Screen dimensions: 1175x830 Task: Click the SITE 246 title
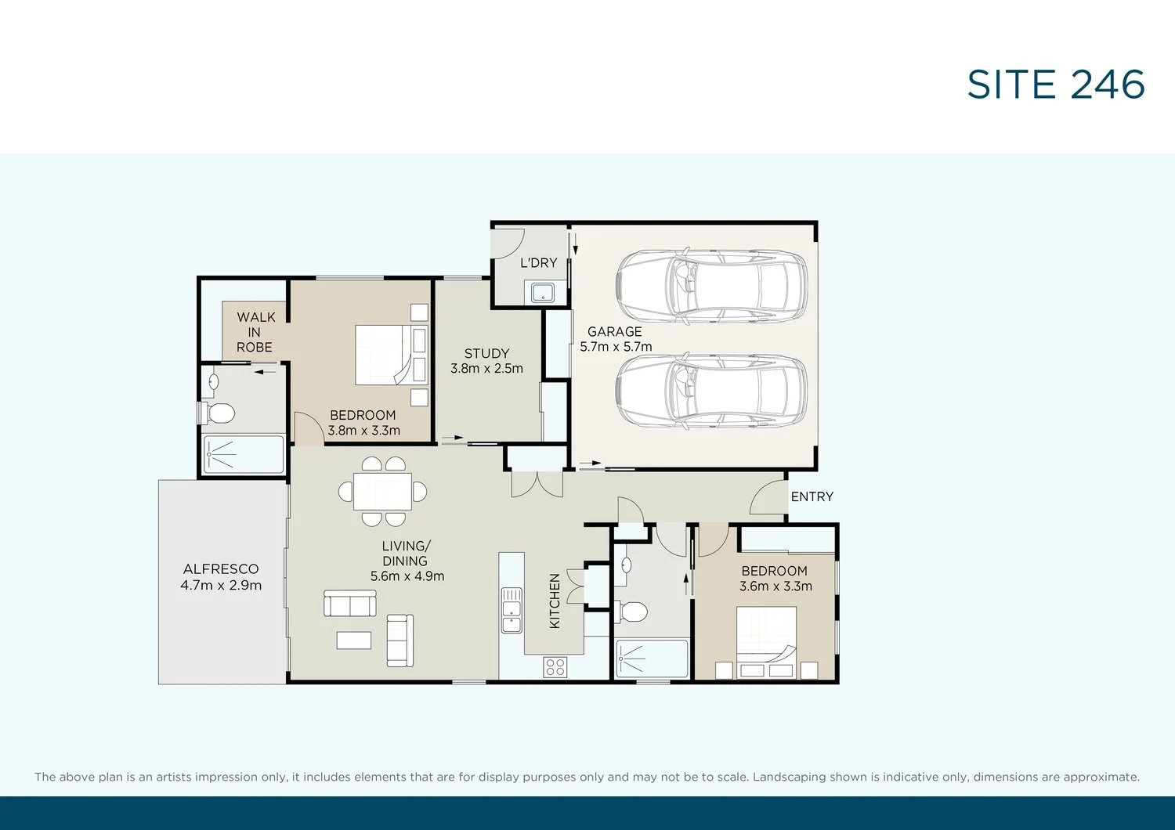click(x=1055, y=85)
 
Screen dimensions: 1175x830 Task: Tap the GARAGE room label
click(x=615, y=331)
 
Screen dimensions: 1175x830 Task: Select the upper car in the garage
click(x=712, y=285)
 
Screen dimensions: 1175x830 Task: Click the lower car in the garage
click(x=712, y=391)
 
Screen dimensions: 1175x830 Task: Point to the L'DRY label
click(x=539, y=262)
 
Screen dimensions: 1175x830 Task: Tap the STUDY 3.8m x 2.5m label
click(x=486, y=361)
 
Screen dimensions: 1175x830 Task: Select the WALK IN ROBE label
click(x=255, y=332)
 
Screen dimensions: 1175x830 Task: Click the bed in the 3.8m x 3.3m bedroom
click(x=392, y=355)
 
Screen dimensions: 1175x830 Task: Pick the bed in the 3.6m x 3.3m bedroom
click(x=766, y=642)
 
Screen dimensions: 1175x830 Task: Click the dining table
click(x=382, y=491)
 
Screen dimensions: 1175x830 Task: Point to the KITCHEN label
click(x=555, y=601)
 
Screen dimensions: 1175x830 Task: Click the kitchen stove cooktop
click(x=555, y=667)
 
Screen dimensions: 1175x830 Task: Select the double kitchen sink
click(x=512, y=610)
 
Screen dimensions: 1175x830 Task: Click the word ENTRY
click(x=812, y=496)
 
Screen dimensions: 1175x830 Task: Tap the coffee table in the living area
click(x=354, y=641)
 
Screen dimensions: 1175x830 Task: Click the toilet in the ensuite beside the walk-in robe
click(x=217, y=413)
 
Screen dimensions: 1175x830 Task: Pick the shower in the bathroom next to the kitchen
click(x=651, y=659)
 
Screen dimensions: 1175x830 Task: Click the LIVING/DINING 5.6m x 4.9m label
click(x=407, y=561)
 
